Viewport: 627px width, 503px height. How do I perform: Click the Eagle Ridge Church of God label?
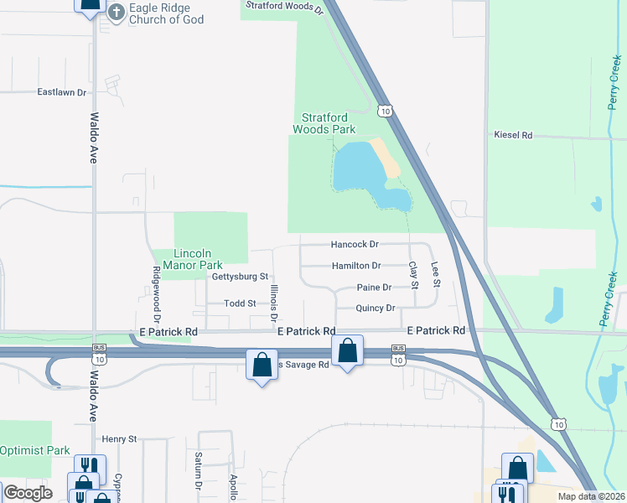pos(167,13)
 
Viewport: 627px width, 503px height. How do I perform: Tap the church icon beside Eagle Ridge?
pos(116,12)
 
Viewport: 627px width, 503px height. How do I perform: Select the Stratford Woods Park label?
pos(324,123)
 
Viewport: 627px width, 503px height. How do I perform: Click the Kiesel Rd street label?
pos(514,134)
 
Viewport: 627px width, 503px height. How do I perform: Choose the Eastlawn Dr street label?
pos(62,92)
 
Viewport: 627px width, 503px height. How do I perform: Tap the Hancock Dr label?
pos(355,245)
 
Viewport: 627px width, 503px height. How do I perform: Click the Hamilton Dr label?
pos(356,266)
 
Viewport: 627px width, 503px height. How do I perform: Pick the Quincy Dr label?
pos(376,308)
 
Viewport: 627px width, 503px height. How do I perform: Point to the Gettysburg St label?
pos(240,276)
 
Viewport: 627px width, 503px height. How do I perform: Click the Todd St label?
pos(240,303)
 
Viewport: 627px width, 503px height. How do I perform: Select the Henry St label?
pos(119,438)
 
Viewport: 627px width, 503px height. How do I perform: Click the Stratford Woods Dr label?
pos(284,8)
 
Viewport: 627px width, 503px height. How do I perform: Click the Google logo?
pos(27,493)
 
